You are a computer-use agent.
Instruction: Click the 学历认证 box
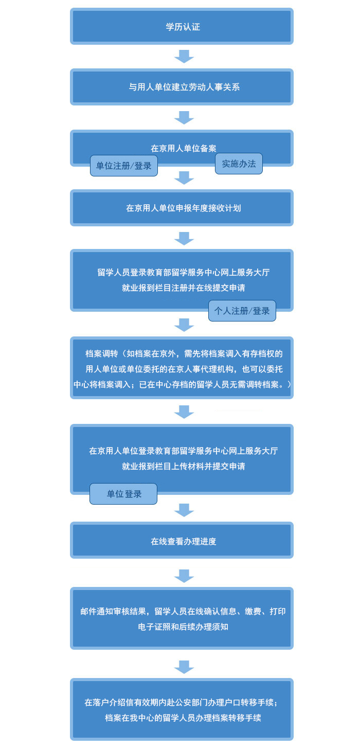(x=182, y=26)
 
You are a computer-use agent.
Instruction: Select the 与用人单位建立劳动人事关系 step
(x=182, y=87)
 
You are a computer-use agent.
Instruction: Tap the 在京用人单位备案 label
(x=184, y=148)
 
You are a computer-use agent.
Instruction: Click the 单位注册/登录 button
(x=123, y=166)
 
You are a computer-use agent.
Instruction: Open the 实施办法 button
(x=239, y=164)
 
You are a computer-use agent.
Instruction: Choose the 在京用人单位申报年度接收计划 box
(x=182, y=208)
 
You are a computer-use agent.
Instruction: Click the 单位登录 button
(x=123, y=493)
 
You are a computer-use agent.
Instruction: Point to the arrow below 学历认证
(x=184, y=57)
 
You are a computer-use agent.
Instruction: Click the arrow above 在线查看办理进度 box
(x=184, y=510)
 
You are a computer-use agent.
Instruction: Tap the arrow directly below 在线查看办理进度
(x=184, y=576)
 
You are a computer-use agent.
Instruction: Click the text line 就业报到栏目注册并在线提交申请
(x=184, y=288)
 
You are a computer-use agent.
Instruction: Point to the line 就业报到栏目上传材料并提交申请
(x=184, y=466)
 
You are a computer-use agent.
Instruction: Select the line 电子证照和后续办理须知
(x=183, y=627)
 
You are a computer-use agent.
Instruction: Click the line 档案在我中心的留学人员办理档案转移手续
(x=183, y=718)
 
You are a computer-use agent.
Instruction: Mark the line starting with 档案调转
(x=184, y=353)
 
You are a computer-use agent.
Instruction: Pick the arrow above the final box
(x=184, y=667)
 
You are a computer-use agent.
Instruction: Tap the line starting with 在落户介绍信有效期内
(x=181, y=702)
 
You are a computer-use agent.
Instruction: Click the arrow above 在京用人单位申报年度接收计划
(x=184, y=178)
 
